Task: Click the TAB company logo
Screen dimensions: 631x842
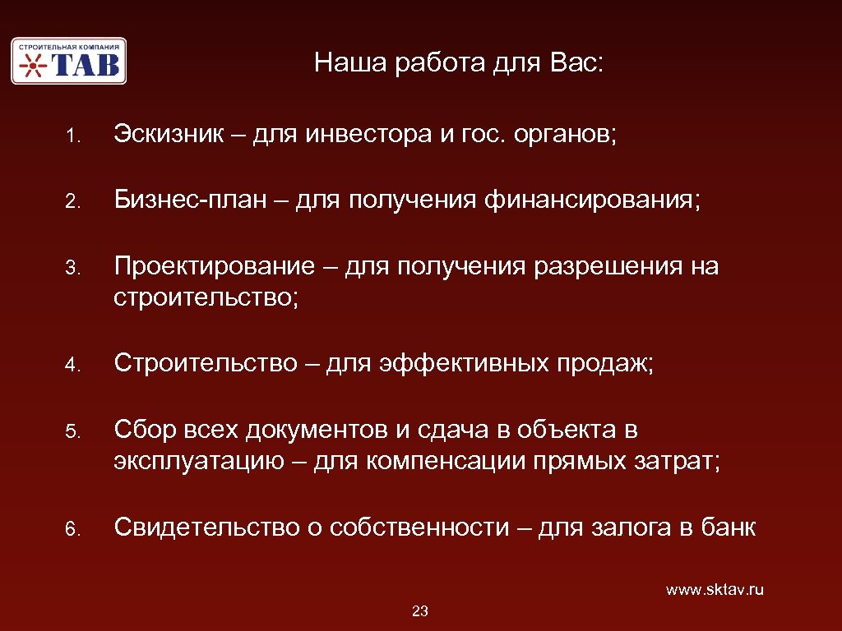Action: (x=68, y=60)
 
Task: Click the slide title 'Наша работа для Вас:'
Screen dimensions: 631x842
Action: (x=459, y=63)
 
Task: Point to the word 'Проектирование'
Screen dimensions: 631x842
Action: (x=214, y=267)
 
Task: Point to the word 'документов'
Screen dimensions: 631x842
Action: (x=307, y=430)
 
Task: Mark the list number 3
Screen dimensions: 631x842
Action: (x=72, y=269)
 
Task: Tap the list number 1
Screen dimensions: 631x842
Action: (x=72, y=136)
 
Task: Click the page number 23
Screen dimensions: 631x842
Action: (x=420, y=610)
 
